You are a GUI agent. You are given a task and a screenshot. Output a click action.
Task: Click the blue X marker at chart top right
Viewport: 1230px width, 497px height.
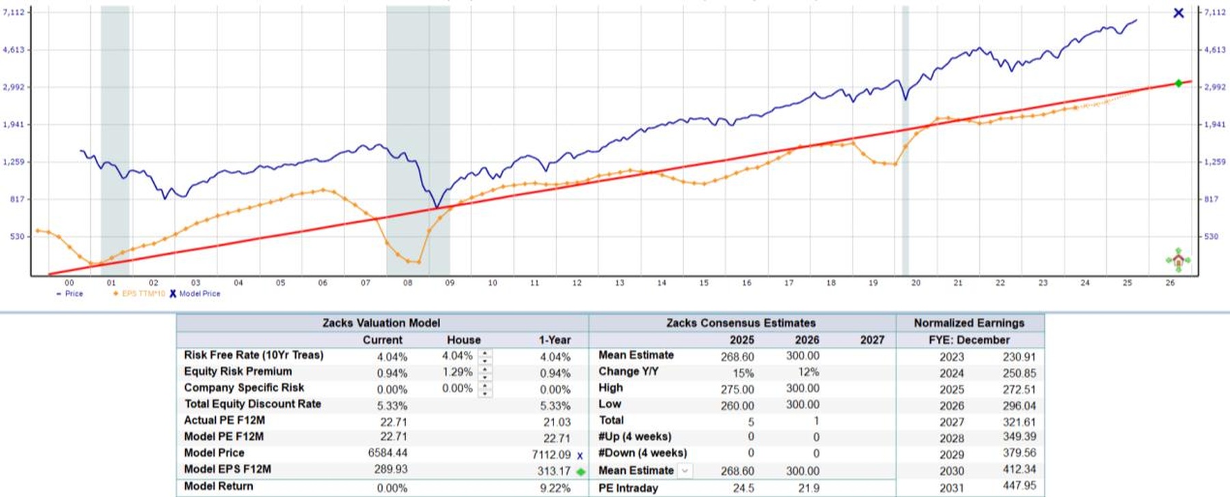(1178, 13)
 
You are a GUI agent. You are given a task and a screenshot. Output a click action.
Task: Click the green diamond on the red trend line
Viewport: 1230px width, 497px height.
(1178, 83)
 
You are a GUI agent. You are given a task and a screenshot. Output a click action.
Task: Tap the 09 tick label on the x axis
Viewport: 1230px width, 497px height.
(450, 283)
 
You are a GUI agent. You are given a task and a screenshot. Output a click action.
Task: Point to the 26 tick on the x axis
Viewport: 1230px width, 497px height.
(1170, 283)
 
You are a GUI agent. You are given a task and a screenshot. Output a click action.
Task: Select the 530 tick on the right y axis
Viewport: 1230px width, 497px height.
(1211, 236)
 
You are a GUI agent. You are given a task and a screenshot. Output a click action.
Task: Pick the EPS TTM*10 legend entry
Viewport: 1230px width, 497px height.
(139, 294)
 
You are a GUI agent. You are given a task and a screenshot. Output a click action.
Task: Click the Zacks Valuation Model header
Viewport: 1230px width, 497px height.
(381, 323)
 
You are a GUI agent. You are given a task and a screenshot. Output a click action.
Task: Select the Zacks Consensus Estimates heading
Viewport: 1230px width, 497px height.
(741, 323)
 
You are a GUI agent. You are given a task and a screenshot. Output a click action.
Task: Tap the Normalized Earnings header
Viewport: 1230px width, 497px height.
(969, 323)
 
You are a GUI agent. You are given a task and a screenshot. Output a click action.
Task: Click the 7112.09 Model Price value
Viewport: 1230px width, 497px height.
(551, 455)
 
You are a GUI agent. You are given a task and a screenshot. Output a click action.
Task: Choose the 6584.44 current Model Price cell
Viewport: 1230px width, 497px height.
(387, 453)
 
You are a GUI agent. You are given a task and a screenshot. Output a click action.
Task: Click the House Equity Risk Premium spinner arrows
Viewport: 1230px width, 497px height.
(484, 373)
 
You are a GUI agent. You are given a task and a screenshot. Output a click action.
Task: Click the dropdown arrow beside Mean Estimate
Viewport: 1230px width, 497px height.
(685, 470)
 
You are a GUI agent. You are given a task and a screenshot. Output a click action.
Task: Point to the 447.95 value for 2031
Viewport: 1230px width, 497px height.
(1019, 486)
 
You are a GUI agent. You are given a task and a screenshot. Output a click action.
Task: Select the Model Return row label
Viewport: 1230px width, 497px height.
(219, 486)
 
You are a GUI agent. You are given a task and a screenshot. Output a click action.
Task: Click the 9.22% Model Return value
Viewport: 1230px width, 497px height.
(555, 488)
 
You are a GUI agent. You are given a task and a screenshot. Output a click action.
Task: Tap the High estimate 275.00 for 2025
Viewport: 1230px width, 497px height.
(737, 389)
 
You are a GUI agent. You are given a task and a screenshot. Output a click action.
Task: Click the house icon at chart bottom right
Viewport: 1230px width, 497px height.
(1178, 260)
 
